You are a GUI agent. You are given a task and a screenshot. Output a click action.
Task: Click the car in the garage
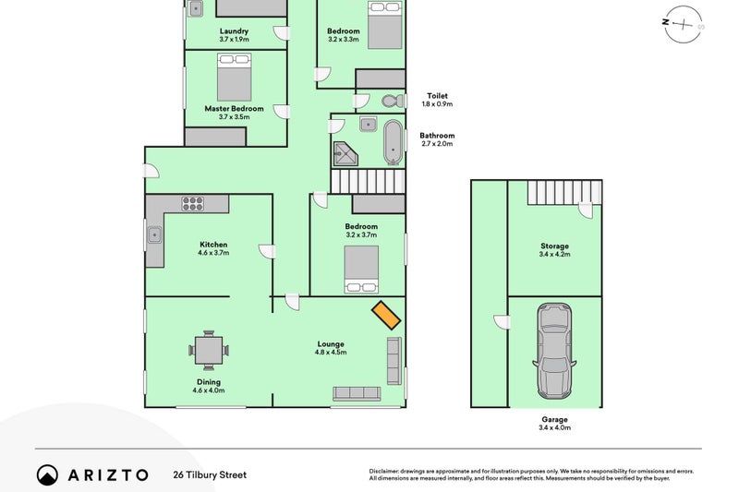point(554,351)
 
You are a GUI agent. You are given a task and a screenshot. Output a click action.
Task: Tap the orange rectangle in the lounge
point(386,315)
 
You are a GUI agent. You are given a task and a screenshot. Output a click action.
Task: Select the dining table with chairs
point(209,350)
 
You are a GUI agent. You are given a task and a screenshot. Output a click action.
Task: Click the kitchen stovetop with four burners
point(193,203)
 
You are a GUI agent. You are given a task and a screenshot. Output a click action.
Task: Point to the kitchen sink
point(154,234)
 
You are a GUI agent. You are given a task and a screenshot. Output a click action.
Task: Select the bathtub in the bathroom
point(394,142)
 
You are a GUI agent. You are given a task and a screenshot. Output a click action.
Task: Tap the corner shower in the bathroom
point(345,154)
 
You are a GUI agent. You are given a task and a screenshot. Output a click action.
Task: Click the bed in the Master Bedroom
point(235,77)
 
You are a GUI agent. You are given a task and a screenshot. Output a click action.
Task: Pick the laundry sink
point(195,8)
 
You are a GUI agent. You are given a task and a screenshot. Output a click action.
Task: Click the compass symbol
point(683,25)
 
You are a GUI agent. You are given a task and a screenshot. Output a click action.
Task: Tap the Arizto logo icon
point(47,475)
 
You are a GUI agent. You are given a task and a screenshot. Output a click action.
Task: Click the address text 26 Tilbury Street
point(210,474)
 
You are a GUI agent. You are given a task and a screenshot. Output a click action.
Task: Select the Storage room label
point(555,246)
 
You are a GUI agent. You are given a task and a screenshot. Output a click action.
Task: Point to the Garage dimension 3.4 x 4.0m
point(555,427)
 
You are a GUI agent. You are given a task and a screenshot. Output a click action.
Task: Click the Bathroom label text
point(437,136)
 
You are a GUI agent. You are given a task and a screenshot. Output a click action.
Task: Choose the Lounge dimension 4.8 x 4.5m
point(331,353)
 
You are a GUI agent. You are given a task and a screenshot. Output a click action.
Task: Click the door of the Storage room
point(586,210)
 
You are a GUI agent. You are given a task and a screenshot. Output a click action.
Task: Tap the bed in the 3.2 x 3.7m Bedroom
point(361,270)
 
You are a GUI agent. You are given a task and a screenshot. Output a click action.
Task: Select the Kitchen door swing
point(267,251)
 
